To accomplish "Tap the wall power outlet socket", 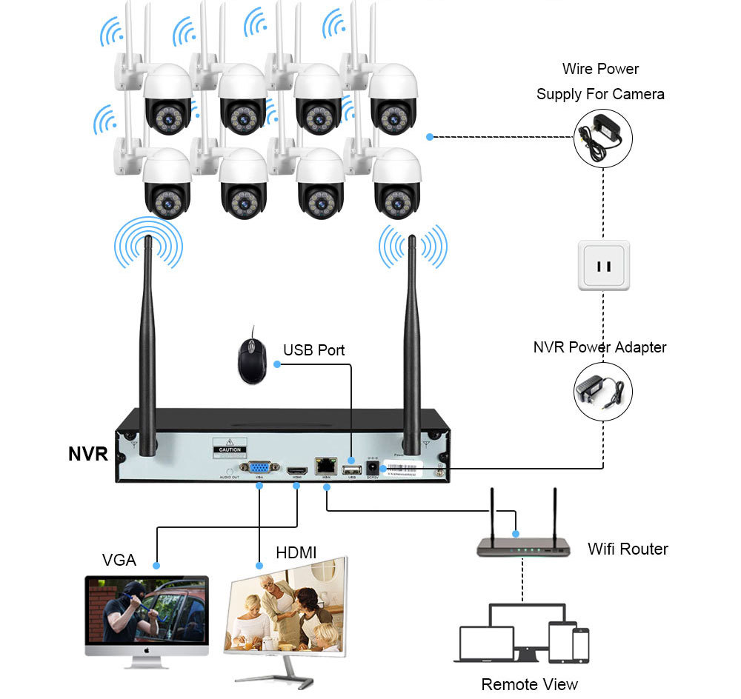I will [x=603, y=264].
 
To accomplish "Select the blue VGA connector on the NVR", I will [x=259, y=468].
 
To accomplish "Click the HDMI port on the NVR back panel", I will [x=297, y=470].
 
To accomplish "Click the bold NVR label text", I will [x=88, y=454].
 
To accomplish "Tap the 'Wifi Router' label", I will [x=628, y=549].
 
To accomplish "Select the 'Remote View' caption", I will [x=529, y=683].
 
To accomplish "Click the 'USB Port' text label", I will [x=314, y=349].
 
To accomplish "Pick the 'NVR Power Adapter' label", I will [x=599, y=347].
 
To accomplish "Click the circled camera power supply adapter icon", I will [x=603, y=138].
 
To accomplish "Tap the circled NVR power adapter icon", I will [x=603, y=392].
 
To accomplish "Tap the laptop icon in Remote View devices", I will [x=486, y=643].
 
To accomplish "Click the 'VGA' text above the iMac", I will [x=119, y=560].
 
